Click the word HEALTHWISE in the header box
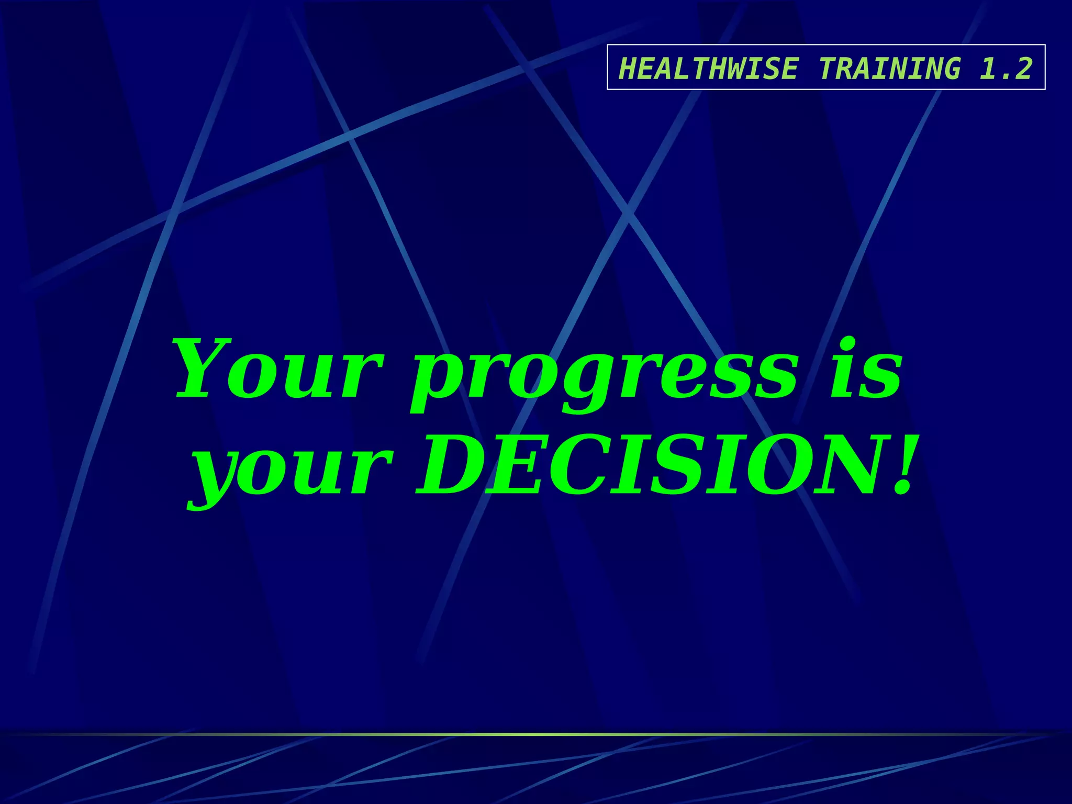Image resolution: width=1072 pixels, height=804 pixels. tap(708, 69)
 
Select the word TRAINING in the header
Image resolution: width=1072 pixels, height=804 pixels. tap(889, 69)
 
